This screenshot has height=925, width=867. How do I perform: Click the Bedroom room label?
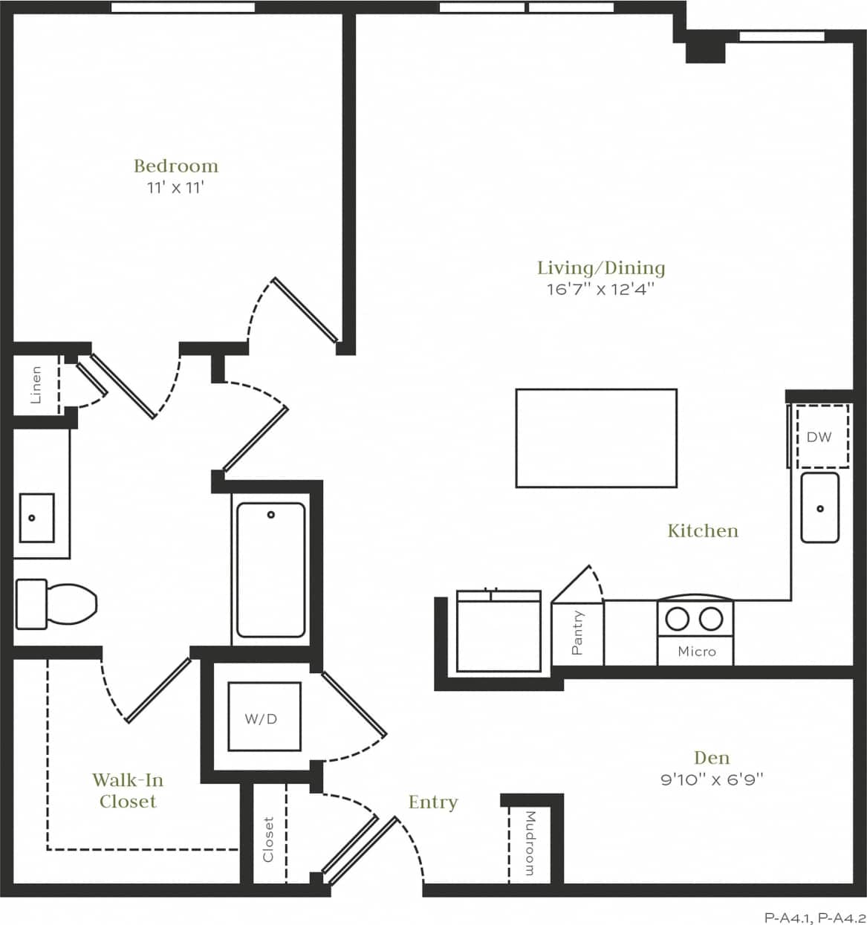coord(176,166)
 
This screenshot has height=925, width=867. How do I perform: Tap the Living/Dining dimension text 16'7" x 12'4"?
coord(601,289)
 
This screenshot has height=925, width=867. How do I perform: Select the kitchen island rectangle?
coord(596,438)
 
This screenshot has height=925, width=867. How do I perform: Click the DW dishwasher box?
coord(819,437)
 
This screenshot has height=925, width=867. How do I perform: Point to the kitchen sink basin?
coord(819,507)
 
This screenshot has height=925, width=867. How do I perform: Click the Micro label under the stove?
coord(696,652)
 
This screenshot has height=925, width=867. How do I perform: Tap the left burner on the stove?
coord(677,618)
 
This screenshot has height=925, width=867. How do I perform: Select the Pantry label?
coord(577,633)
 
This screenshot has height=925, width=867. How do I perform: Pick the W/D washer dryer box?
coord(264,718)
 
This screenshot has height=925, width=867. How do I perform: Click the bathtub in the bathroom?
coord(270,570)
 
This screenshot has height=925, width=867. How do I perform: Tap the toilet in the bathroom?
coord(57,601)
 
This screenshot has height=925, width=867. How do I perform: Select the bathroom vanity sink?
coord(36,517)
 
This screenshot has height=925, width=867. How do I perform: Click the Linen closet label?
coord(36,385)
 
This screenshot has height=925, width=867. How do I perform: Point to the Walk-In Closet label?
coord(128,791)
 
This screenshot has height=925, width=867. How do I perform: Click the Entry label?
coord(432,802)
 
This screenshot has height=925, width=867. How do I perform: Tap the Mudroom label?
coord(530,843)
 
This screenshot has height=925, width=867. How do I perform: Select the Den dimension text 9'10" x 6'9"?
coord(711,779)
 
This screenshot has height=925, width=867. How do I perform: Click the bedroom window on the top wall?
coord(183,7)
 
